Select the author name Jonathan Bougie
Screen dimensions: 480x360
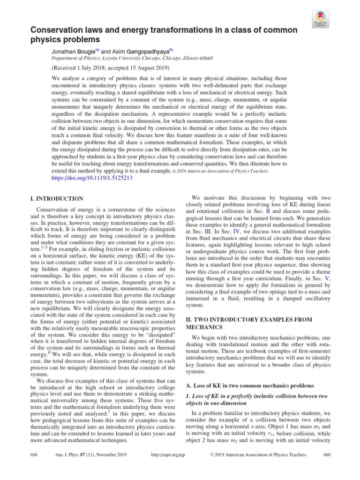pos(65,50)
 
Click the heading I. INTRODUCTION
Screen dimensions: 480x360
pos(57,199)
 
